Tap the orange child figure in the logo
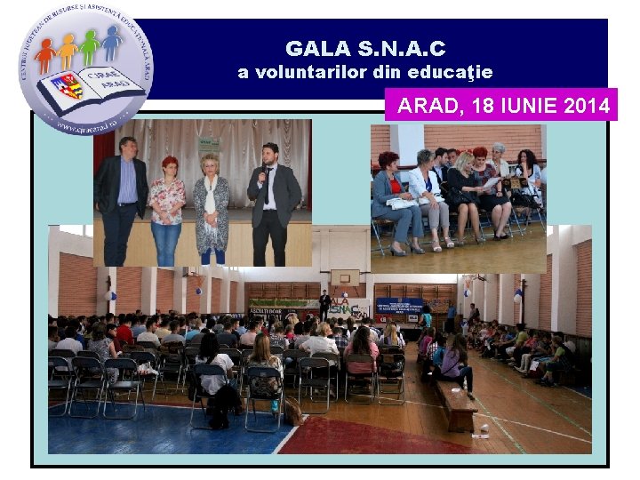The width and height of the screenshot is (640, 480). pyautogui.click(x=68, y=52)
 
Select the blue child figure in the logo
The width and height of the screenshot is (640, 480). pyautogui.click(x=111, y=41)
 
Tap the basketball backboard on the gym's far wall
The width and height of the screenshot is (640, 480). pyautogui.click(x=346, y=277)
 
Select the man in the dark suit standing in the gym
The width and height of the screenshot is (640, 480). pyautogui.click(x=325, y=305)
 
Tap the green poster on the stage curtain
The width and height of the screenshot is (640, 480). pyautogui.click(x=208, y=145)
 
